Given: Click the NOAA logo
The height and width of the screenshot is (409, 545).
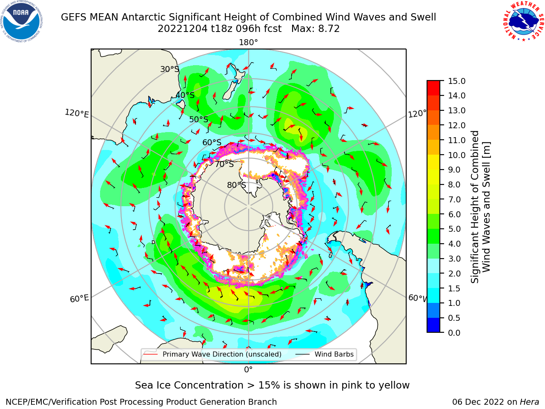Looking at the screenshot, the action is coord(22,22).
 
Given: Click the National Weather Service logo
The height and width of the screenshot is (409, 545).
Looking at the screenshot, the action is coord(523,21).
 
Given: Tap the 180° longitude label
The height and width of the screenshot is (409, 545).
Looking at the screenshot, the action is coord(248,43).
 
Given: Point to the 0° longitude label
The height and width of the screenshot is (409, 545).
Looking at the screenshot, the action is coord(248,370).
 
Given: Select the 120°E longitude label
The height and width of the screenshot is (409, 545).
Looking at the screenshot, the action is coord(77,113).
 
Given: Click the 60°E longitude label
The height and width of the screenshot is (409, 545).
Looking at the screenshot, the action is coord(79,298).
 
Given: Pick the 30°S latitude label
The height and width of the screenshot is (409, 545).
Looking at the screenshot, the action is coord(169,69).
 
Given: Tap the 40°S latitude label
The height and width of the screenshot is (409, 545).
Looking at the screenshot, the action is coord(185,95).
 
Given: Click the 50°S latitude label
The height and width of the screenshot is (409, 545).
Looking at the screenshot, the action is coord(199,119).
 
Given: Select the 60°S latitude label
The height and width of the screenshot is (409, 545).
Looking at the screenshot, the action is coord(212,142).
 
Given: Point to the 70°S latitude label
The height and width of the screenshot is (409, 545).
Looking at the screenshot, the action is coord(224,164).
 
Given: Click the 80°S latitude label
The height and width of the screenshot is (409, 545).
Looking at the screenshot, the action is coord(237,185).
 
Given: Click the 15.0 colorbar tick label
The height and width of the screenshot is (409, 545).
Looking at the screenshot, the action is coord(456,81).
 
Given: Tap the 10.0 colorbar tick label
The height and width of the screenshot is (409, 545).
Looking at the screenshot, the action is coord(456,155).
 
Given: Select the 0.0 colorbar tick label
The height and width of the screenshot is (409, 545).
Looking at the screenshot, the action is coord(454,333).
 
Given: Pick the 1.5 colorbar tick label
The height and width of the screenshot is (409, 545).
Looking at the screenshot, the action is coord(454,288).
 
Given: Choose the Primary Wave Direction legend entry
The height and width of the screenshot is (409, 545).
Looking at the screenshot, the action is coord(212,354).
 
